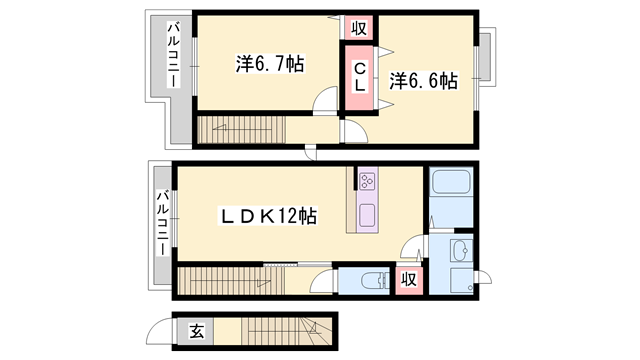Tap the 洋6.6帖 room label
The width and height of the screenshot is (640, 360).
click(423, 79)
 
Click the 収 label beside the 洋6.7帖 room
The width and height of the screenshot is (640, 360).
click(356, 27)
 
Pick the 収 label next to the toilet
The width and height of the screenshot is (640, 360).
click(409, 280)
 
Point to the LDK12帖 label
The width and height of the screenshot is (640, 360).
click(269, 215)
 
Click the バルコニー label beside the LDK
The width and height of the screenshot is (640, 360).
click(162, 221)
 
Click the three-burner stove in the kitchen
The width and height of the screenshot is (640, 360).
click(366, 181)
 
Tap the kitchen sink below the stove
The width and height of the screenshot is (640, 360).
click(366, 215)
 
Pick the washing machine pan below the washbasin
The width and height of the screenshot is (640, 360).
click(461, 281)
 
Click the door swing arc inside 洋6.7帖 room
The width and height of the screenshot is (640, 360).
click(326, 100)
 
